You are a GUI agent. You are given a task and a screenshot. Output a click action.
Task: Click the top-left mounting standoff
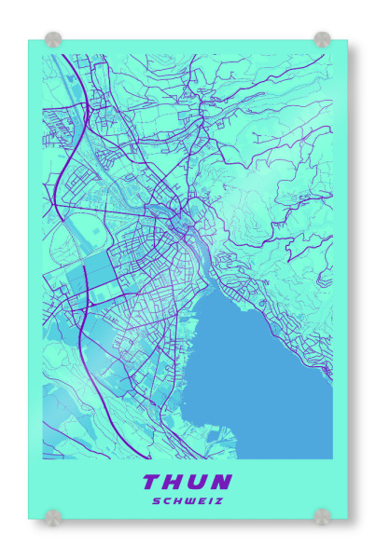(x=53, y=40)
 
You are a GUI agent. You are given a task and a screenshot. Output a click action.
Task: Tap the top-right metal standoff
(x=322, y=40)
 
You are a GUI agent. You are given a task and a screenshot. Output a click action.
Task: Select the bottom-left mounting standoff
(x=53, y=516)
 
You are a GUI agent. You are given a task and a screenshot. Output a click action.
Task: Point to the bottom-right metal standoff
(x=322, y=516)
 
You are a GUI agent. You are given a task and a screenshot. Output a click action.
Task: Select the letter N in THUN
(x=222, y=482)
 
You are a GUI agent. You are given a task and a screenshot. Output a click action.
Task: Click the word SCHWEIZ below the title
(x=188, y=500)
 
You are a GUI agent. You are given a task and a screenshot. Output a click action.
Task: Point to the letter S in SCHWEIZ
(x=157, y=500)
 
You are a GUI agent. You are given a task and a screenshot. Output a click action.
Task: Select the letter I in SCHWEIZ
(x=209, y=500)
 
